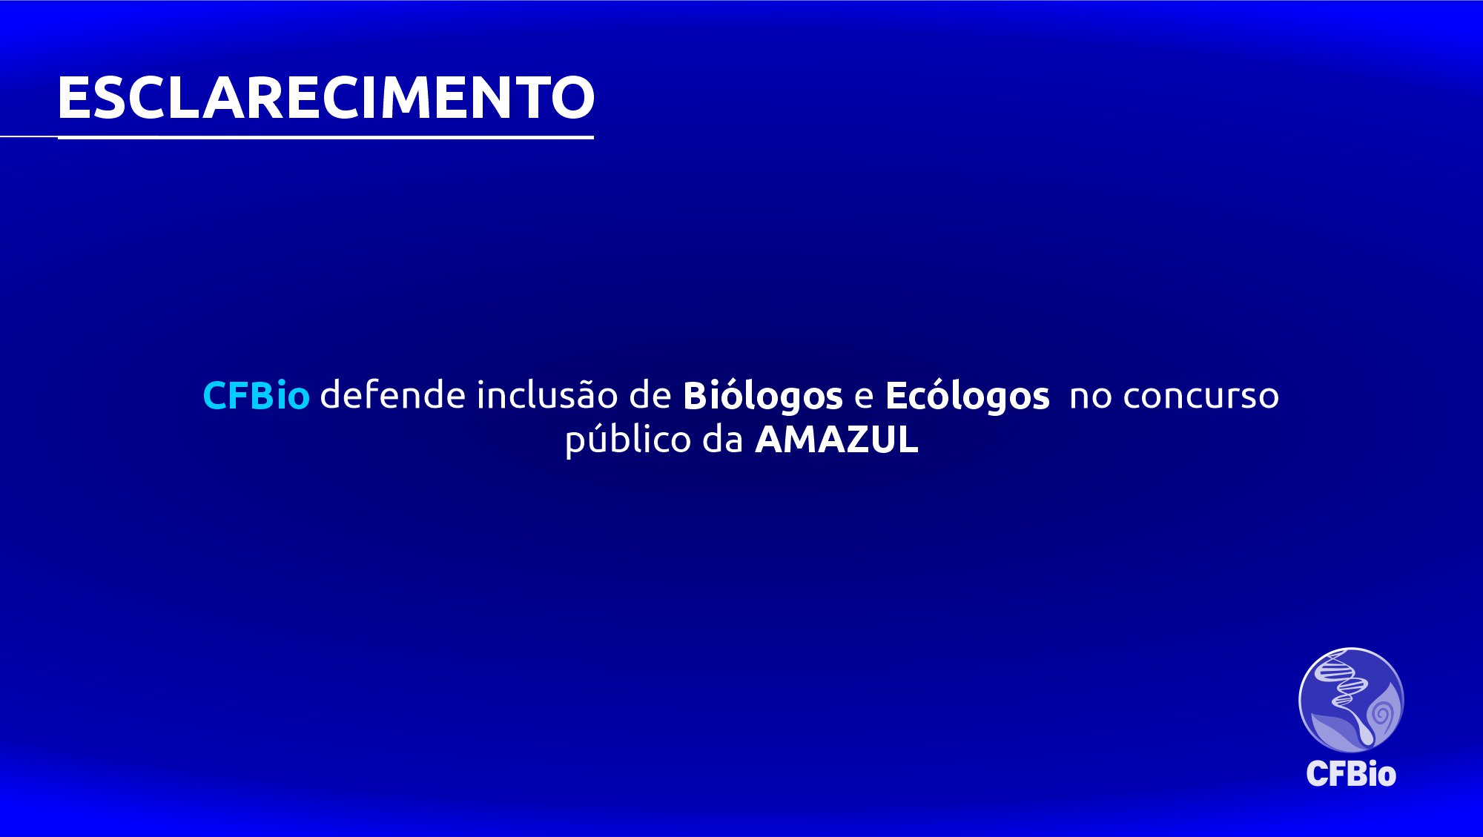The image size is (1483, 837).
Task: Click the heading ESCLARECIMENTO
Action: tap(326, 97)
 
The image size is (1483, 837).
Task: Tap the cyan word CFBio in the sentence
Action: tap(256, 395)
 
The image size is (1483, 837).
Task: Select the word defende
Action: tap(393, 394)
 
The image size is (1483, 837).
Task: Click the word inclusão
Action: tap(547, 394)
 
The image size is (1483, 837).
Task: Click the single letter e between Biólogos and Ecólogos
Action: tap(864, 398)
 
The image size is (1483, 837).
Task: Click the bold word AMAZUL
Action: tap(836, 440)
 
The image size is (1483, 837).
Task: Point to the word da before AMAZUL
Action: tap(723, 439)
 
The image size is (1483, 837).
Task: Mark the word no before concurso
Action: tap(1091, 398)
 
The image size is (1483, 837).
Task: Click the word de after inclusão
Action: tap(650, 394)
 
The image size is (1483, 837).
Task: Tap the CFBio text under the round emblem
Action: tap(1351, 774)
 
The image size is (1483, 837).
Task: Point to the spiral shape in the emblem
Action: tap(1381, 714)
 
